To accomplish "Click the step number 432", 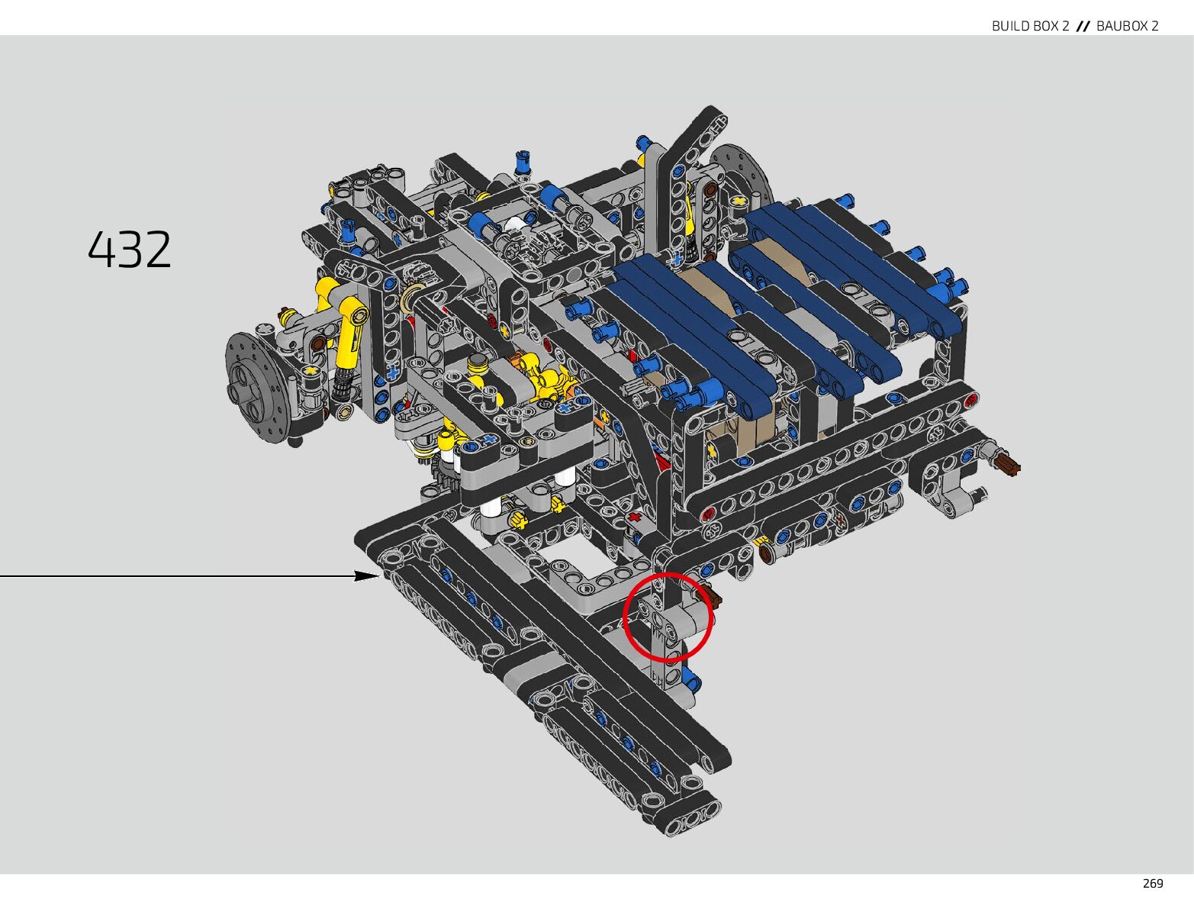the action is [x=130, y=250].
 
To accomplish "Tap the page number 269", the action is [x=1153, y=883].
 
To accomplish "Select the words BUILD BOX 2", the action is [x=1030, y=26].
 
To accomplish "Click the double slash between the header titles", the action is [x=1083, y=26].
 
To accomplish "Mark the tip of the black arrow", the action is [x=380, y=575].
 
